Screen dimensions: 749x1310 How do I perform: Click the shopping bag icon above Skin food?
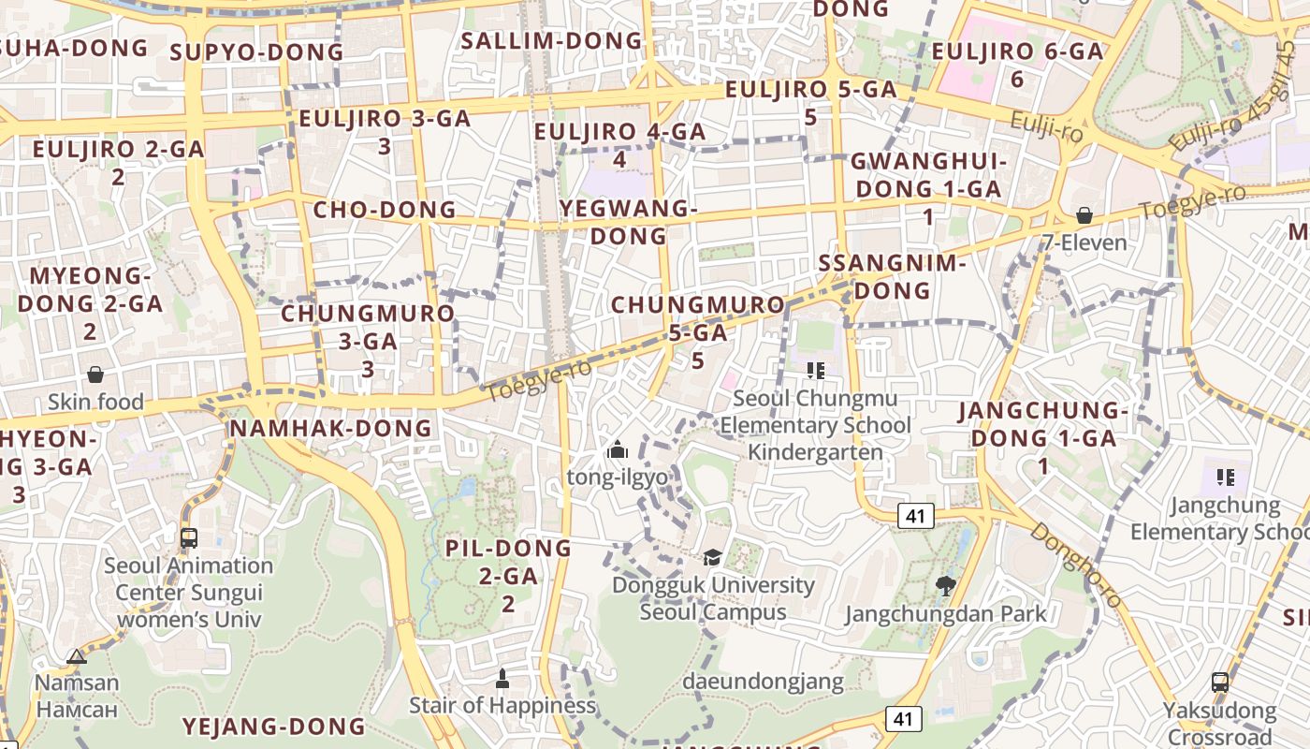95,375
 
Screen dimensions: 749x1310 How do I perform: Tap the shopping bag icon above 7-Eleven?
1084,216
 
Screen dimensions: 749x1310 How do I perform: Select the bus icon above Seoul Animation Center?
189,538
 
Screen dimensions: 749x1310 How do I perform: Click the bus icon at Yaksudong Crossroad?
1220,682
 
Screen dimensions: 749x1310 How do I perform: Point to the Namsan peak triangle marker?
77,656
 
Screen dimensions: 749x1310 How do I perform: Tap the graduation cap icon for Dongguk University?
713,558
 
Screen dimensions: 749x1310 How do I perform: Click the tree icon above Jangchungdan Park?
945,587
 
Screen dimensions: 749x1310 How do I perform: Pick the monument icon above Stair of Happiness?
502,677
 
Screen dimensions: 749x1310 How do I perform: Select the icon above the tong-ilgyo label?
617,450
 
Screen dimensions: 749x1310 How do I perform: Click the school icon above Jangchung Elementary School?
1226,477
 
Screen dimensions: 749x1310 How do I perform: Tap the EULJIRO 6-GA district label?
1018,52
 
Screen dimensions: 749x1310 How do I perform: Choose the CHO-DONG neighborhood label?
385,209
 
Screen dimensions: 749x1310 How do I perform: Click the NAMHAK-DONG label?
331,428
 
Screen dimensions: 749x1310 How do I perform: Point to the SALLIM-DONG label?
552,40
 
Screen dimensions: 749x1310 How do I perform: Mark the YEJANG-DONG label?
273,726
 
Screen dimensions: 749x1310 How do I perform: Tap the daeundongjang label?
763,681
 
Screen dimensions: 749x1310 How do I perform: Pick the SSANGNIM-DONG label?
892,276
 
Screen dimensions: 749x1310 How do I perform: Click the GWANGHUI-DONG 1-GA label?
928,175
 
